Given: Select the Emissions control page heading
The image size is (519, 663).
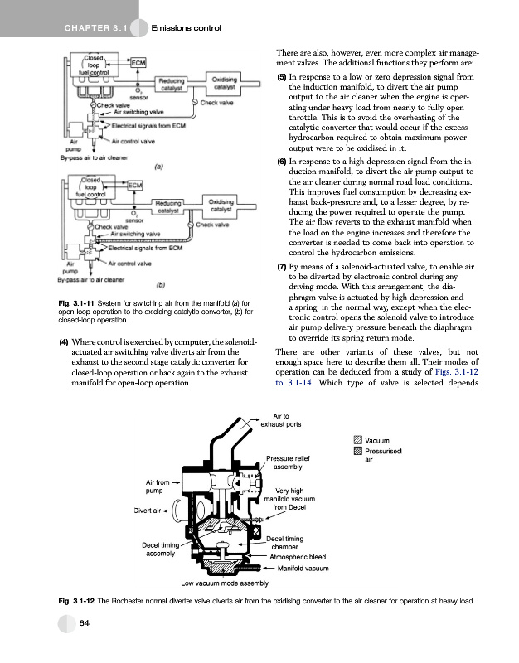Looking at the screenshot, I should click(x=187, y=31).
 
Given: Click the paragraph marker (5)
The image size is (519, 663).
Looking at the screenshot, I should click(x=282, y=76).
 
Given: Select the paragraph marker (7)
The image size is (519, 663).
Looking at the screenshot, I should click(x=282, y=267).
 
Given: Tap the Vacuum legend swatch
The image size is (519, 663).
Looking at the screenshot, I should click(x=357, y=440).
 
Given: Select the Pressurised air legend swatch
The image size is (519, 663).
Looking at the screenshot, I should click(x=357, y=452).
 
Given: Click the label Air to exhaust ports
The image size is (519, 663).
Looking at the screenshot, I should click(x=280, y=420).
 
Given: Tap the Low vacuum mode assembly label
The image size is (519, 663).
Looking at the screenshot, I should click(x=226, y=583).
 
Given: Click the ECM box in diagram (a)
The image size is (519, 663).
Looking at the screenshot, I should click(x=139, y=63).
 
